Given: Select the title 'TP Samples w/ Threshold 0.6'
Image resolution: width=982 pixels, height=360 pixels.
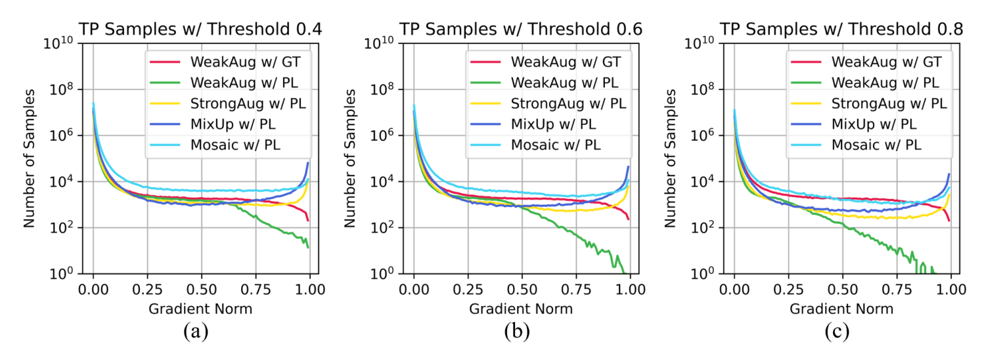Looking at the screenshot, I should pos(522,29).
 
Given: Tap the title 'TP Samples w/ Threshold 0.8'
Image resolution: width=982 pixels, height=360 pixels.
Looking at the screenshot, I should pos(841,29).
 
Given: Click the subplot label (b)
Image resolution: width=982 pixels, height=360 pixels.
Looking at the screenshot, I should pos(516,332).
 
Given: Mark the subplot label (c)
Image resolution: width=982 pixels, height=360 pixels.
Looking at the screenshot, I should pos(837,332).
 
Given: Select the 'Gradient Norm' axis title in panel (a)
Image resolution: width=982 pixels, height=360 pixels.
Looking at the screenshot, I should pos(201,308).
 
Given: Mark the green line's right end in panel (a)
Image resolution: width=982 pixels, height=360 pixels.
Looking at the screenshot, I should pos(308,247).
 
